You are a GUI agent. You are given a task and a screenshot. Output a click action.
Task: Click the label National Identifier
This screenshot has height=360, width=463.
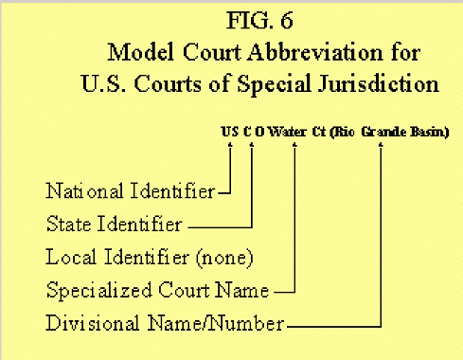(130, 192)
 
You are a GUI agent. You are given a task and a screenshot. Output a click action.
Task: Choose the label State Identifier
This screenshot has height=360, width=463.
(114, 225)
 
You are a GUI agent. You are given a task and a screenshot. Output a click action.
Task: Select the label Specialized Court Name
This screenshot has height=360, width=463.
(157, 290)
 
